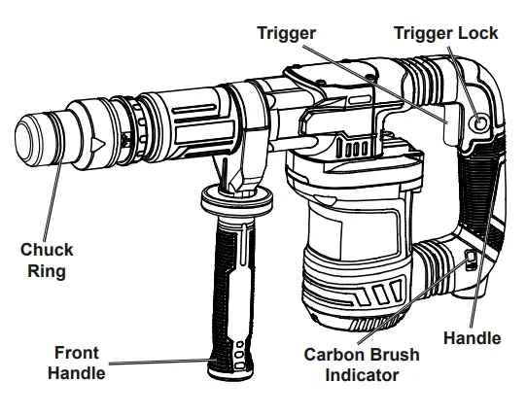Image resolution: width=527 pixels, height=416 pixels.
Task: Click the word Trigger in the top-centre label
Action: click(287, 33)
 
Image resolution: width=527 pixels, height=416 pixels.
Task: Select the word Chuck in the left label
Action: click(47, 251)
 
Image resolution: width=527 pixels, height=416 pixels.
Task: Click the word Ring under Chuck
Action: click(47, 271)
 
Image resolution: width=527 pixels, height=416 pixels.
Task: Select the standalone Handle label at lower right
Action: click(472, 338)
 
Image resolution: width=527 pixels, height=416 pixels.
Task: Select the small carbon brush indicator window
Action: click(468, 260)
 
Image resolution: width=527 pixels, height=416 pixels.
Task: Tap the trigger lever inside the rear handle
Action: click(449, 126)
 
